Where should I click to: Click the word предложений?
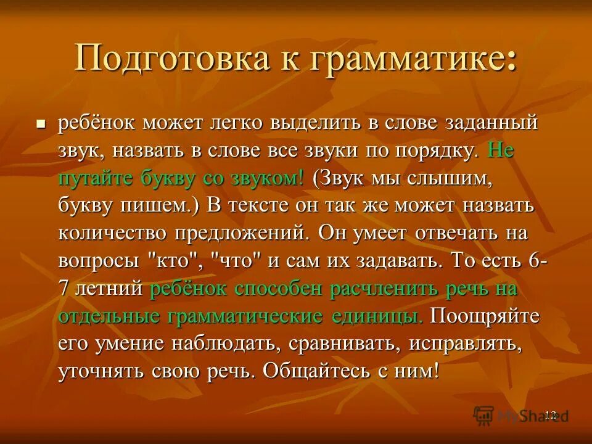click(244, 234)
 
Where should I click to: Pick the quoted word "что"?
click(237, 261)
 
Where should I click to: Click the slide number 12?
click(551, 414)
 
